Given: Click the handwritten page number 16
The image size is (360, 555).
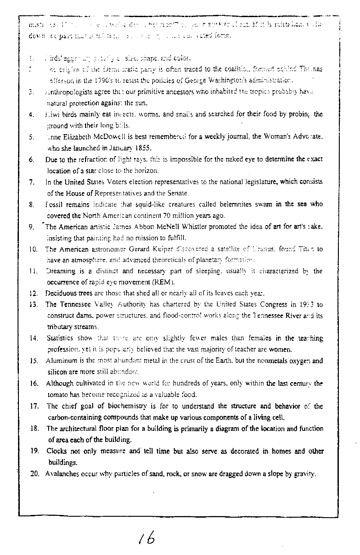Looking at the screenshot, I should pyautogui.click(x=147, y=537).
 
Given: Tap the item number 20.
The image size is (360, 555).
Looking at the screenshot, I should pyautogui.click(x=35, y=474).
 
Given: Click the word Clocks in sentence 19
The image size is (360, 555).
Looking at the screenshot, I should pyautogui.click(x=57, y=451).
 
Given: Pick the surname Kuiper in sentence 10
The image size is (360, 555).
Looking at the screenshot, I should pyautogui.click(x=159, y=249).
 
